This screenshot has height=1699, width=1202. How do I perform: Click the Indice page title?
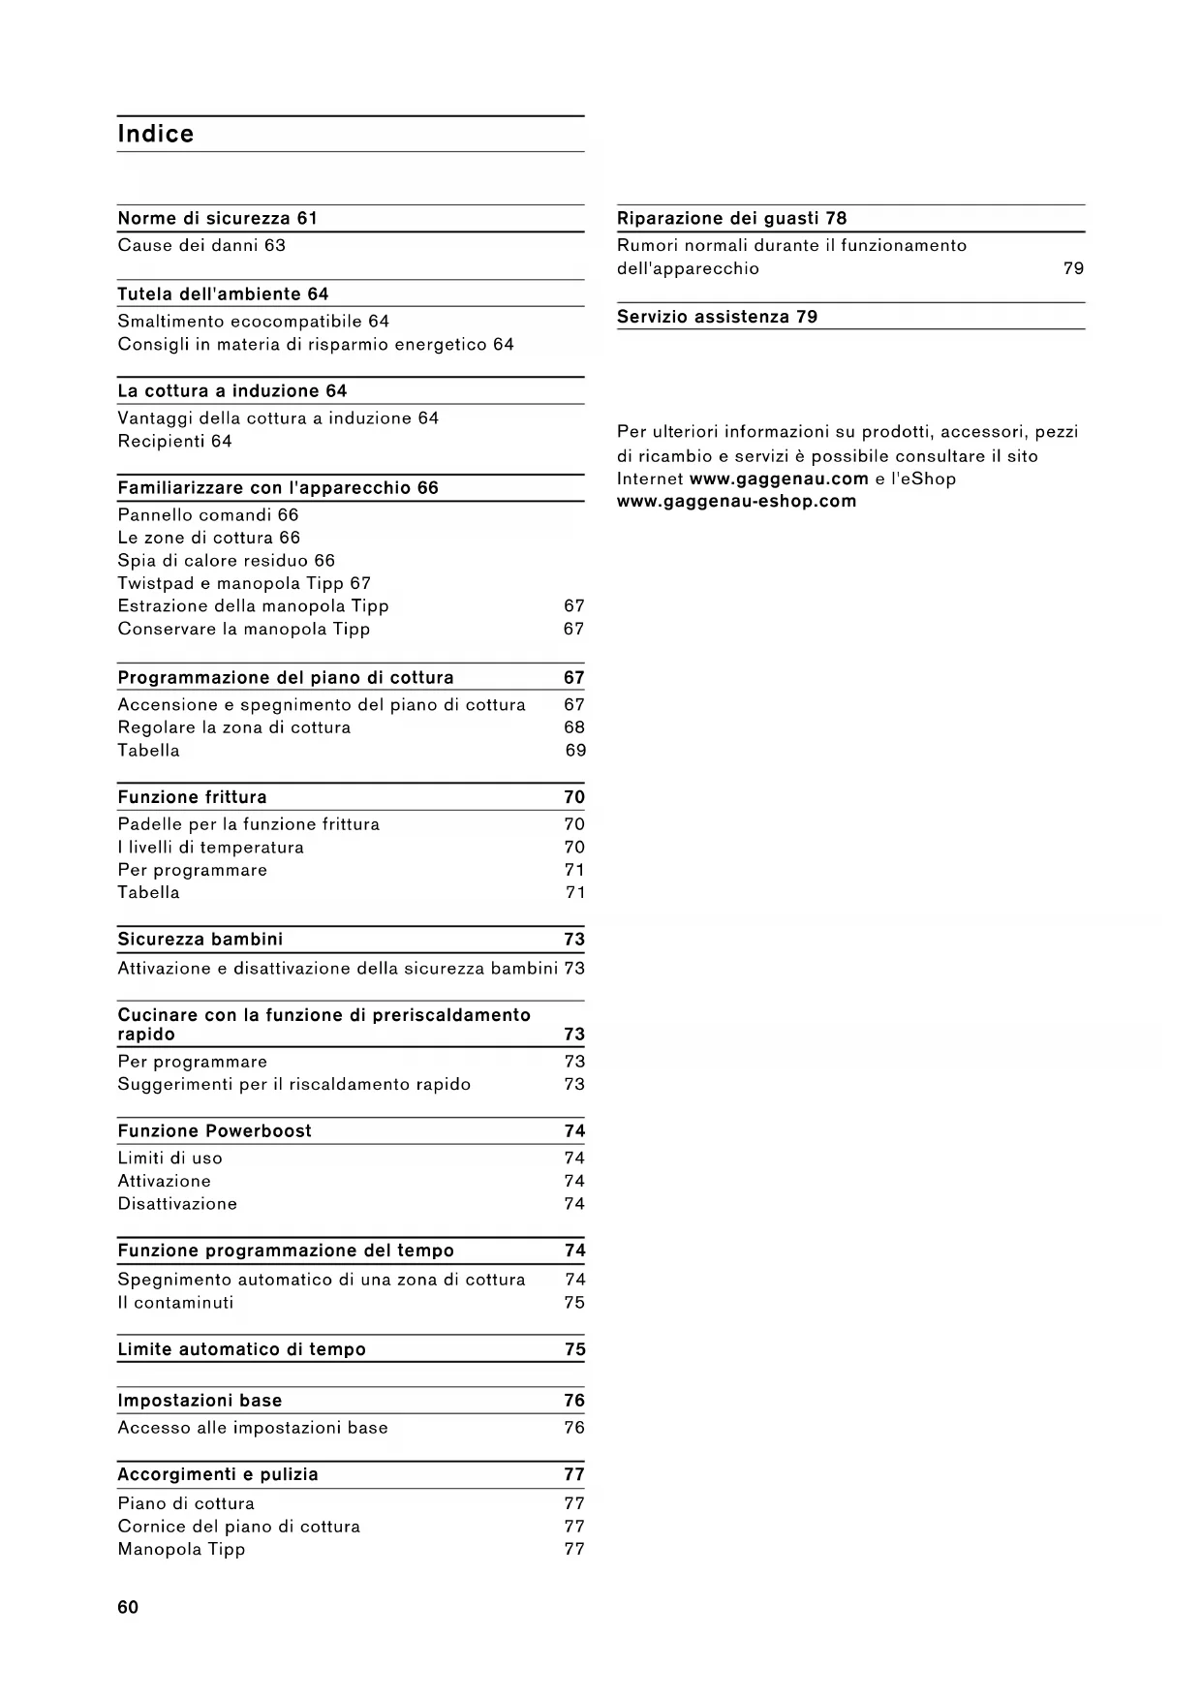[x=155, y=134]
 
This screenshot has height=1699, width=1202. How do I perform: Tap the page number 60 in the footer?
[x=128, y=1607]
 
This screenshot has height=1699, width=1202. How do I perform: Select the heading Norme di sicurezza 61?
[x=217, y=218]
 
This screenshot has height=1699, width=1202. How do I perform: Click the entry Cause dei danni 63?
[x=201, y=245]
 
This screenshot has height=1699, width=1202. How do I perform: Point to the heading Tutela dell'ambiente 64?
[x=223, y=293]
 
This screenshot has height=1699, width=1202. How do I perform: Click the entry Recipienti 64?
[x=174, y=441]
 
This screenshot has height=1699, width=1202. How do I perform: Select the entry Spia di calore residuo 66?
[x=226, y=560]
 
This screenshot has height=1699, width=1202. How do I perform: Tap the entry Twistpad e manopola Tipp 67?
[x=244, y=583]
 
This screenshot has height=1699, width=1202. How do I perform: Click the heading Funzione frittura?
[x=192, y=797]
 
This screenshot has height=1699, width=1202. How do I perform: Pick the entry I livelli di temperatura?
[x=210, y=847]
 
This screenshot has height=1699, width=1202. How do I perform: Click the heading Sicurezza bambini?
[x=200, y=939]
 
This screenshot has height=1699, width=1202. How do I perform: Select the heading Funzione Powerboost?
[x=214, y=1130]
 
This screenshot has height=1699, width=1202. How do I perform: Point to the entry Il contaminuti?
[x=175, y=1302]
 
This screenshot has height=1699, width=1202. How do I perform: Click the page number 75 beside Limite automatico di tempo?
[x=574, y=1349]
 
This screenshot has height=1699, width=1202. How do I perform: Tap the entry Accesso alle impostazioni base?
[x=253, y=1427]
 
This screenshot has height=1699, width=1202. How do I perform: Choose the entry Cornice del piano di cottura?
[x=238, y=1526]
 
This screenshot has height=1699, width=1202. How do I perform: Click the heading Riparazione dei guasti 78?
[x=731, y=218]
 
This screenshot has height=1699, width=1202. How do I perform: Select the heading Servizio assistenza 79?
[x=717, y=317]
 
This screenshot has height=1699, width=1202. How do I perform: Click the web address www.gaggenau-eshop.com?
[x=736, y=501]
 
